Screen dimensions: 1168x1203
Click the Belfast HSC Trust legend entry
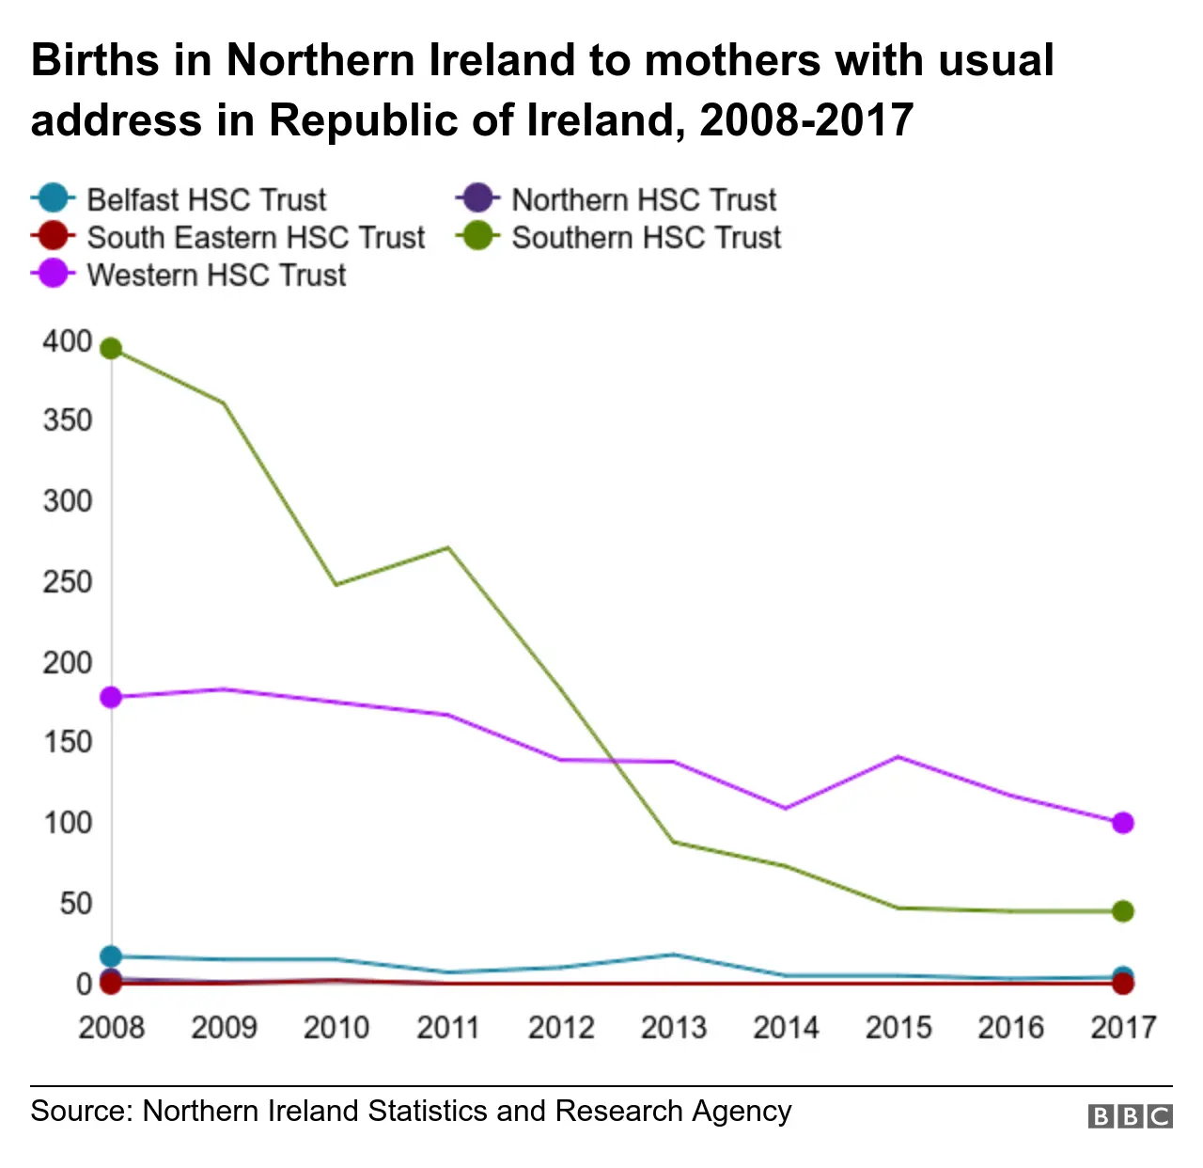(179, 199)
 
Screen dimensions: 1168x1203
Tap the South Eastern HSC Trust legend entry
(227, 237)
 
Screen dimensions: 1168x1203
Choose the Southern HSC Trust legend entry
(618, 237)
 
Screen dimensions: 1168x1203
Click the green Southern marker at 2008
(111, 349)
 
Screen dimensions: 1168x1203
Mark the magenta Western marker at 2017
(1122, 823)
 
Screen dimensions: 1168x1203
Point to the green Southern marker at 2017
(1122, 911)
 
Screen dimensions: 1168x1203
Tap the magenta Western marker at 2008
(111, 697)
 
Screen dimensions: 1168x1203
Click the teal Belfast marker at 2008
(111, 957)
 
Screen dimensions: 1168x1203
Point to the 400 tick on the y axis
(68, 340)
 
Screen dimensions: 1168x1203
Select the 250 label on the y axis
(68, 582)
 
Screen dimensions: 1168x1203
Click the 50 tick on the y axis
(75, 904)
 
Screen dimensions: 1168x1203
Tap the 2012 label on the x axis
(561, 1027)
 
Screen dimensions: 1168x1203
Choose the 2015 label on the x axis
(898, 1027)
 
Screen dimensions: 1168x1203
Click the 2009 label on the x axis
(224, 1027)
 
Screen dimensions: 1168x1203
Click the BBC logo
(1131, 1116)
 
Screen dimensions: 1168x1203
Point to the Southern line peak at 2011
(449, 547)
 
